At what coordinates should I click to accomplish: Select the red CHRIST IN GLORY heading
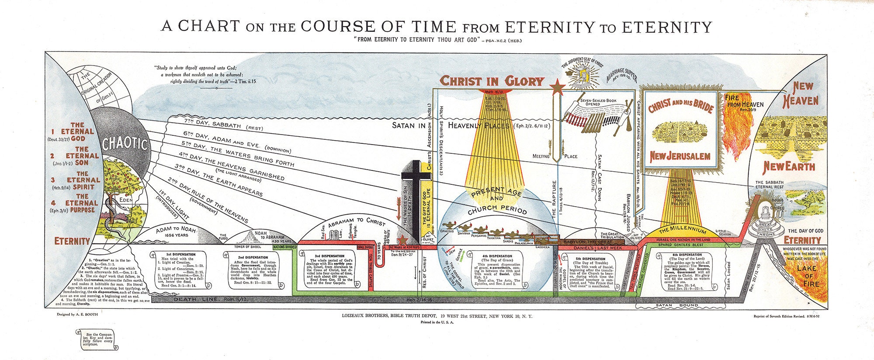click(492, 81)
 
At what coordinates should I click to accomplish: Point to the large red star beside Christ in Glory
click(557, 87)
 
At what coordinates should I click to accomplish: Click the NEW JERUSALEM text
click(679, 156)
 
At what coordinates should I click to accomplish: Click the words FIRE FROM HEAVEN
click(744, 101)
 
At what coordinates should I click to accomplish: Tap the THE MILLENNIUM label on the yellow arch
click(682, 230)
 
